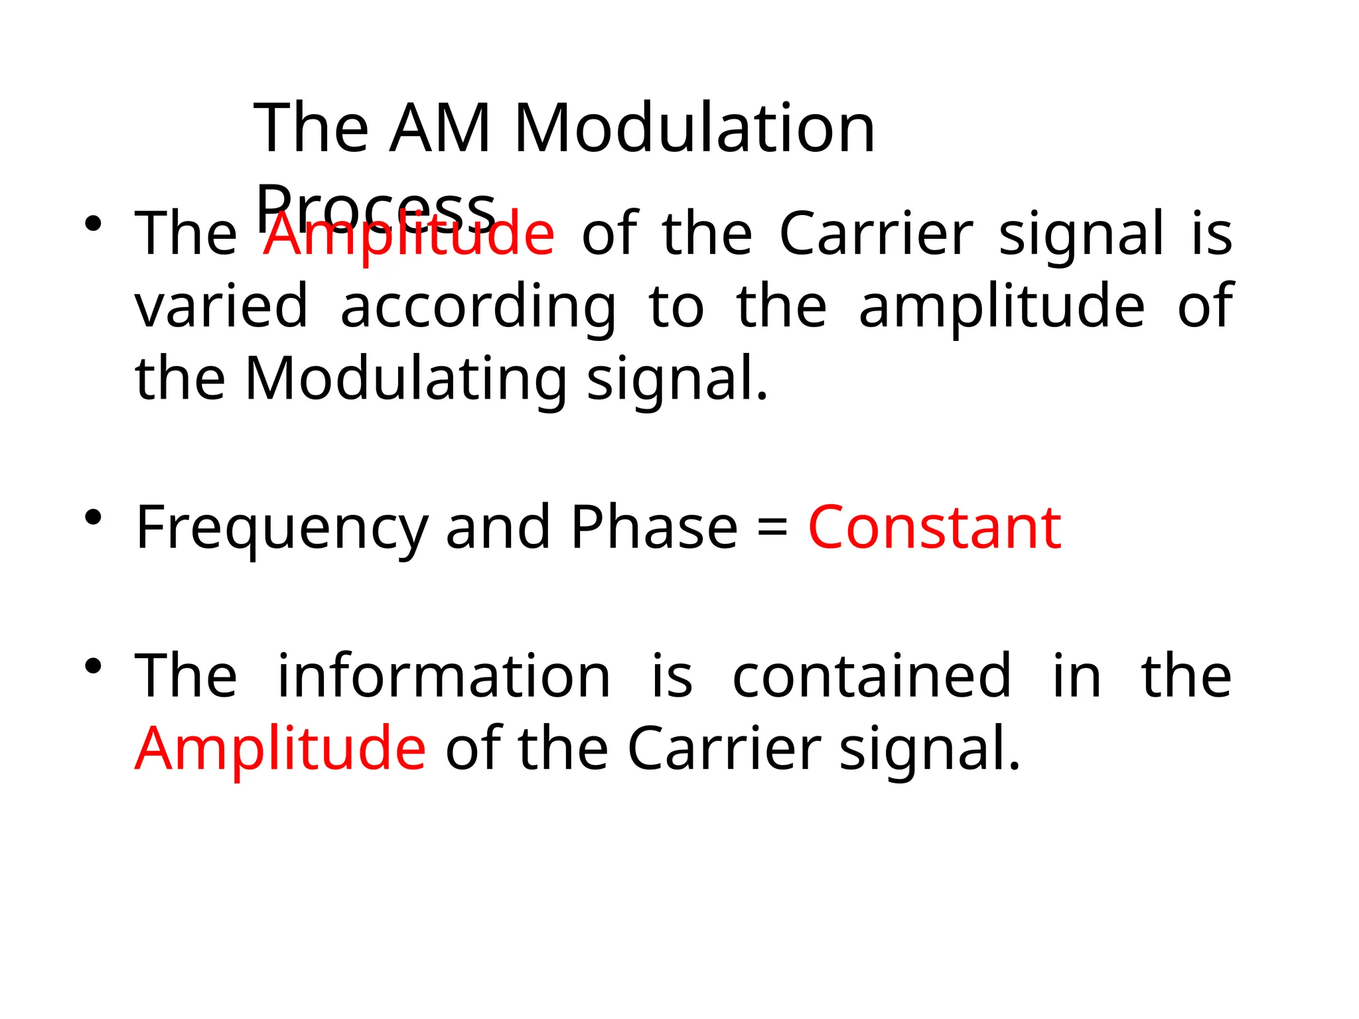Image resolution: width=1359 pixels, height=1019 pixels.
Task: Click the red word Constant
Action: click(934, 528)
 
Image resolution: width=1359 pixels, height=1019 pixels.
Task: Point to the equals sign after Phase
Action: click(772, 529)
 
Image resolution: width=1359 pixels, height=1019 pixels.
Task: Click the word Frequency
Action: click(282, 529)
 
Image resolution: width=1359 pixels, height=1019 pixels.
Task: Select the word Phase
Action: click(654, 528)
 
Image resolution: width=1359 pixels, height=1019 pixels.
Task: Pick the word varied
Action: click(222, 306)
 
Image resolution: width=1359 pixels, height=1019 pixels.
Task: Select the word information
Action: click(443, 677)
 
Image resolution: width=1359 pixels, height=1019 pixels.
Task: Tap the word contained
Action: click(871, 677)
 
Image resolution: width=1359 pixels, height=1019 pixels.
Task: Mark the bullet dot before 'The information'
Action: click(93, 665)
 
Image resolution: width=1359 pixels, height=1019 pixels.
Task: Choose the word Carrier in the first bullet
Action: click(876, 234)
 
